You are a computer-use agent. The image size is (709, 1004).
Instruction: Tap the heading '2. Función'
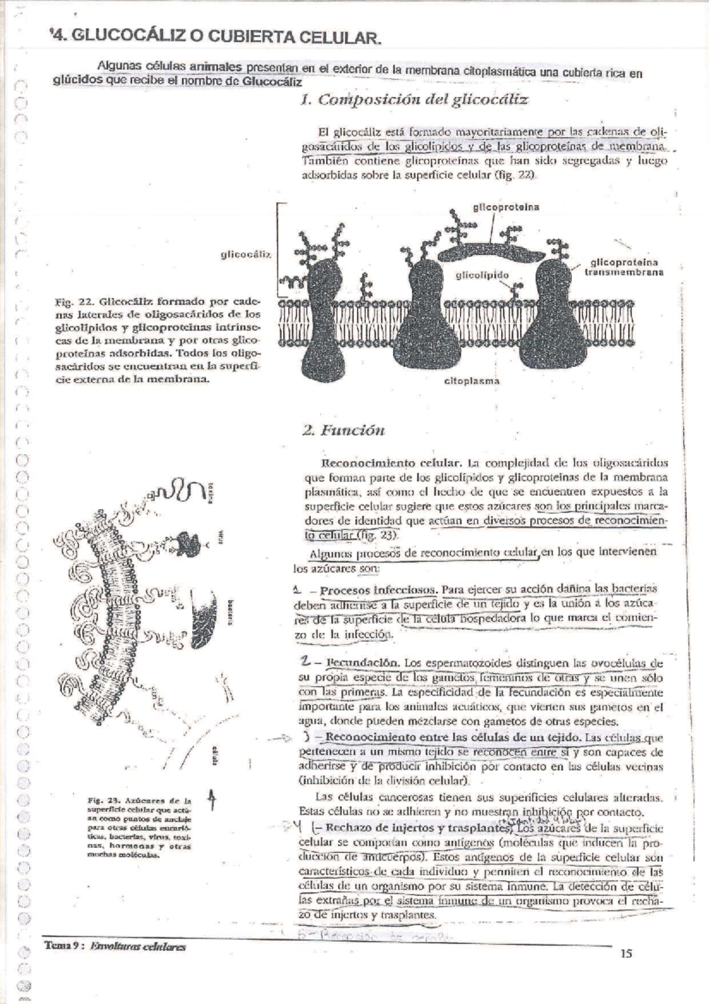point(343,430)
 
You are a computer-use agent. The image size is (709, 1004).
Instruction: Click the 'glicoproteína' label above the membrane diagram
point(506,207)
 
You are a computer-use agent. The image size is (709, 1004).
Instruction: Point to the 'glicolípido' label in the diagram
point(482,275)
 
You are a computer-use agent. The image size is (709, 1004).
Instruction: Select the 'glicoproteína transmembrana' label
point(624,267)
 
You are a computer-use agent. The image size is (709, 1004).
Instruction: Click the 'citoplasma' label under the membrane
point(471,381)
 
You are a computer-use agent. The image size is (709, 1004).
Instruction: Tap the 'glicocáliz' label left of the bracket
point(246,254)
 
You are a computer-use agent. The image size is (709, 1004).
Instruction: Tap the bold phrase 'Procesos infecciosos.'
point(378,590)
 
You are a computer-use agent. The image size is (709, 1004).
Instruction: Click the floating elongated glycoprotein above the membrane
point(492,252)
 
